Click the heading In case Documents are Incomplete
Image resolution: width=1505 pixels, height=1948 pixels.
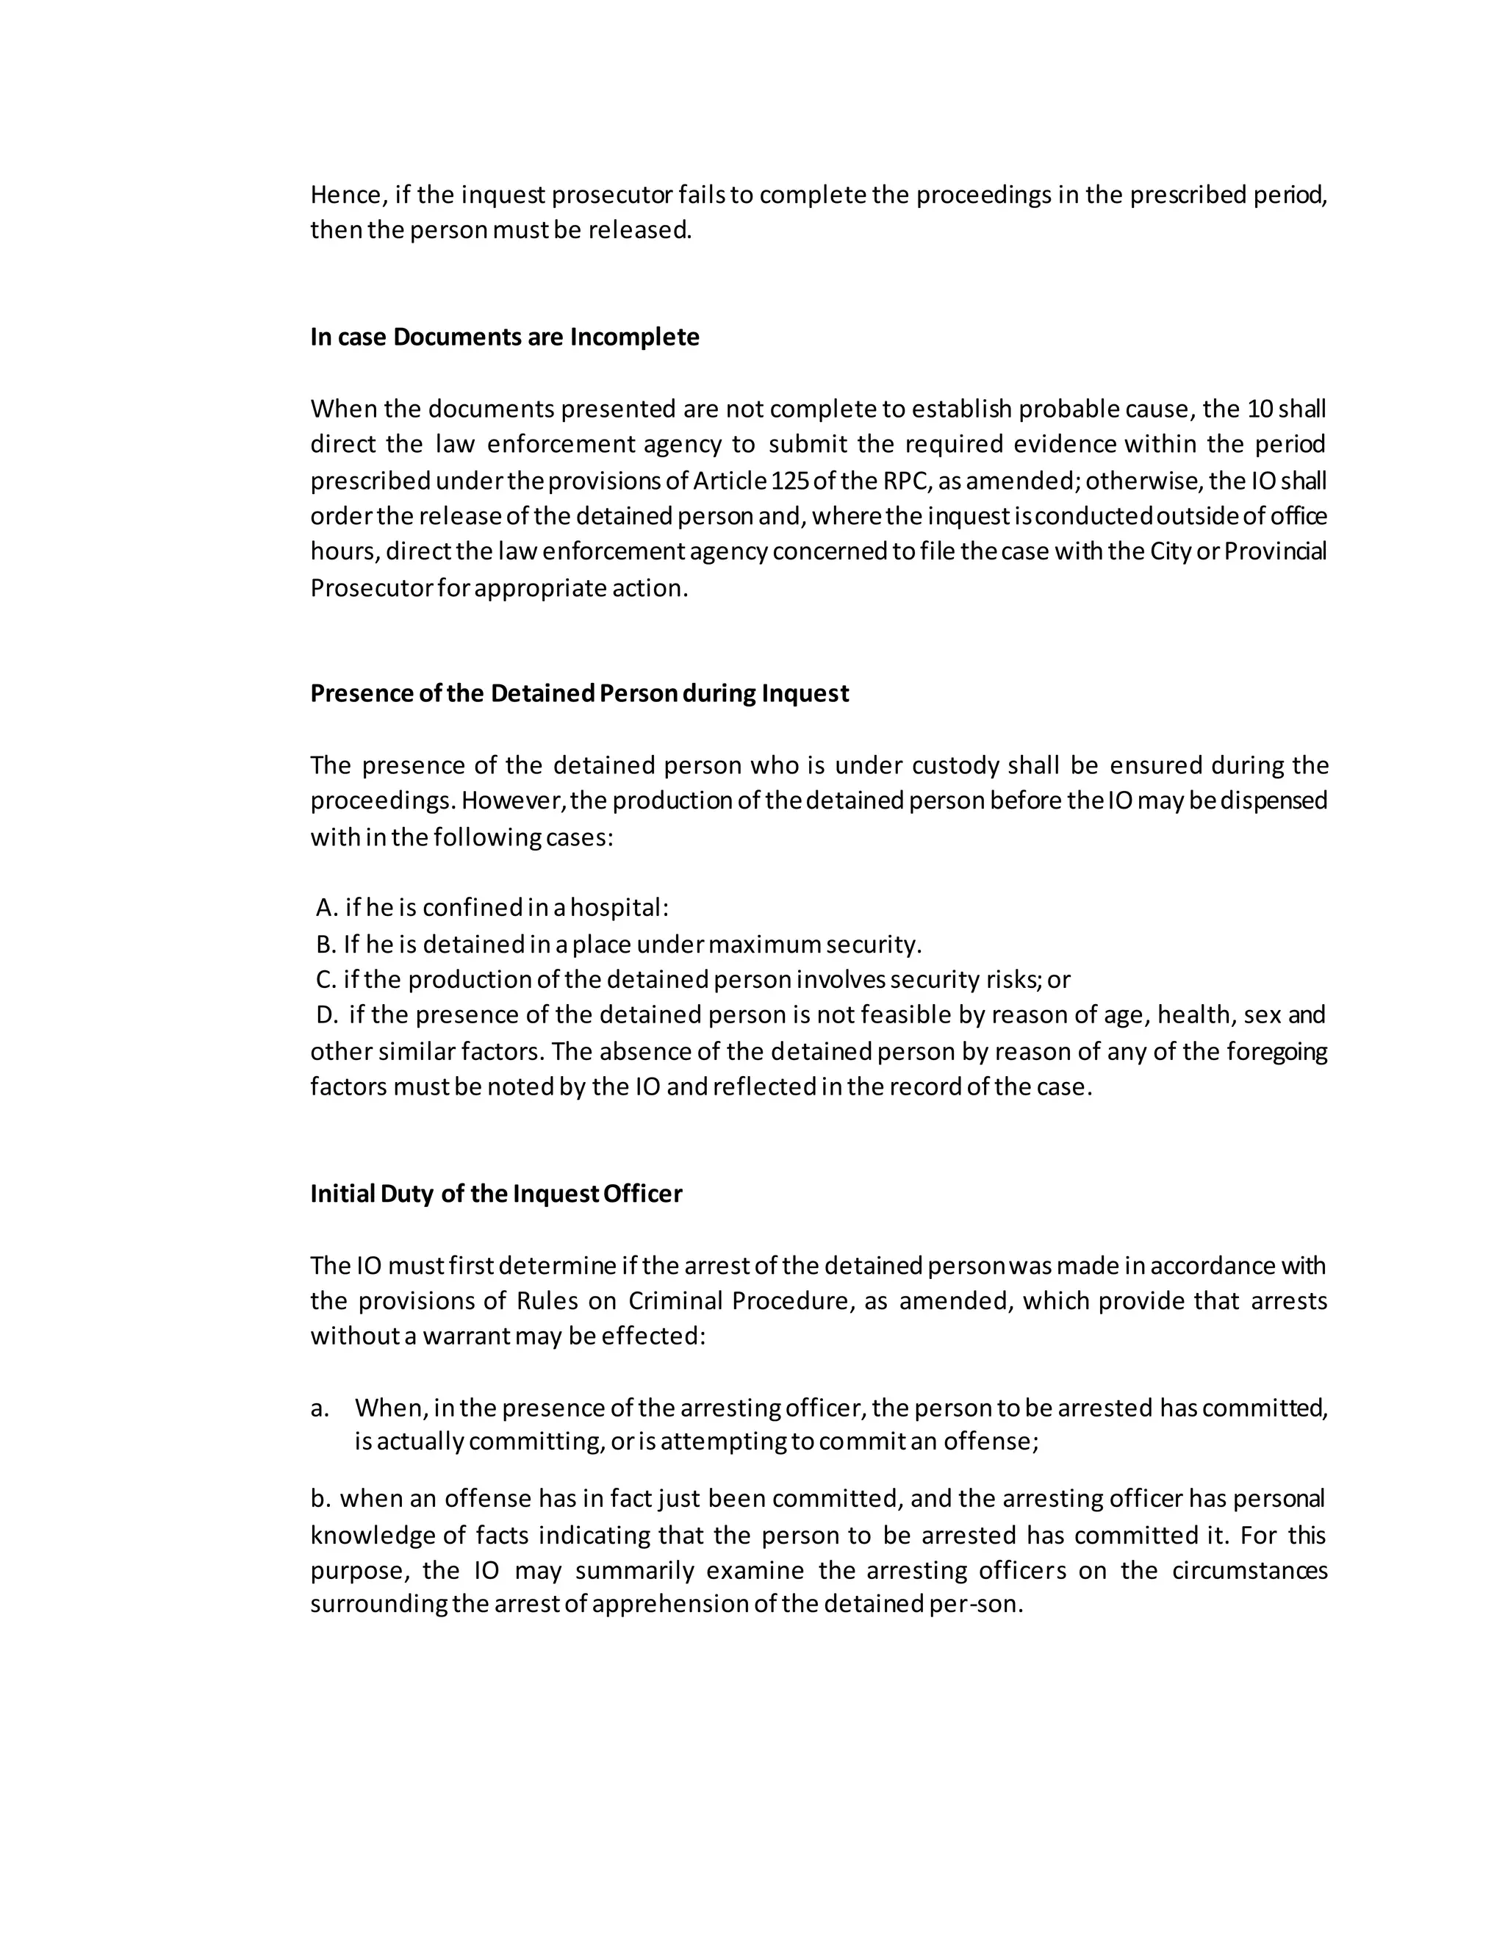tap(505, 337)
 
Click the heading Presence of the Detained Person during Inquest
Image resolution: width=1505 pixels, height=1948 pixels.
tap(580, 693)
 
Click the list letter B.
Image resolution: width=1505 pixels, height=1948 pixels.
tap(326, 944)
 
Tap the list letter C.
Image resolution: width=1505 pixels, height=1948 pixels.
tap(326, 979)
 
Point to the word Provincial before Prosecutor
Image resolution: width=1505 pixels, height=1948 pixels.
tap(1275, 552)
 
